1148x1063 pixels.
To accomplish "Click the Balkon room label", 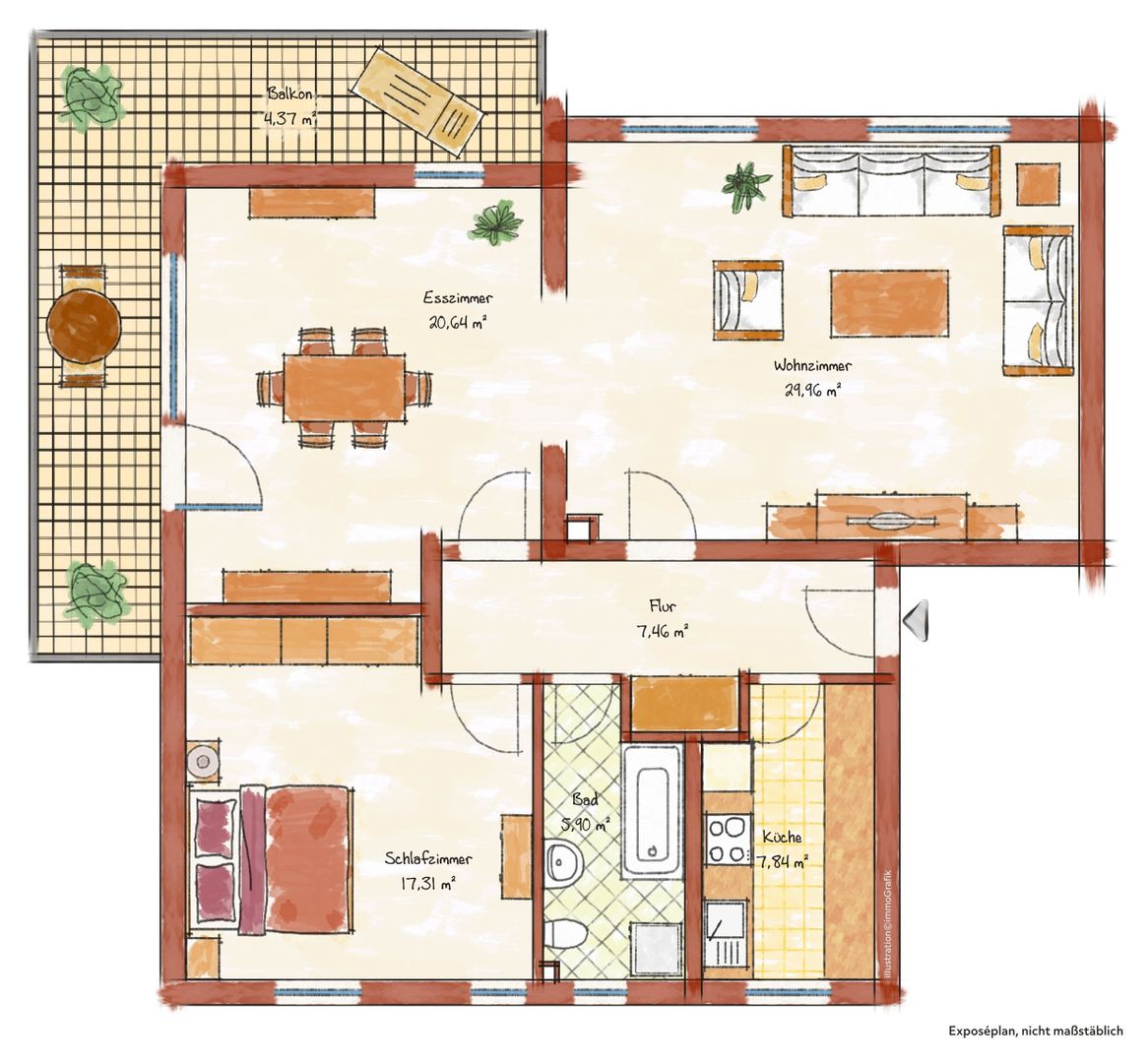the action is pyautogui.click(x=289, y=94).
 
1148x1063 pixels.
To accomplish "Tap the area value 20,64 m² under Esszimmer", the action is pyautogui.click(x=459, y=323).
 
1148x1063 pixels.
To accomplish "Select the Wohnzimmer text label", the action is pyautogui.click(x=812, y=365).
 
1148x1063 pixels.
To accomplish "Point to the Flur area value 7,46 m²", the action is pyautogui.click(x=662, y=632).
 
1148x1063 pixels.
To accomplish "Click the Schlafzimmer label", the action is pyautogui.click(x=428, y=859).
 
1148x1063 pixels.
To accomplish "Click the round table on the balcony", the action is pyautogui.click(x=84, y=325).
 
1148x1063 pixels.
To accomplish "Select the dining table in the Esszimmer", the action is pyautogui.click(x=345, y=388).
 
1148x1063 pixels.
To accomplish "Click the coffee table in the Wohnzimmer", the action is pyautogui.click(x=889, y=303).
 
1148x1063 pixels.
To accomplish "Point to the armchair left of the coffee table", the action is pyautogui.click(x=747, y=300).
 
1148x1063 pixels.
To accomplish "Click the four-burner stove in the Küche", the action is pyautogui.click(x=728, y=840).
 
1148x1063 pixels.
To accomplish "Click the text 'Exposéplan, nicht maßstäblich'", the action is pyautogui.click(x=1035, y=1031).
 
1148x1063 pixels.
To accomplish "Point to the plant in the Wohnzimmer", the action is pyautogui.click(x=746, y=186).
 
